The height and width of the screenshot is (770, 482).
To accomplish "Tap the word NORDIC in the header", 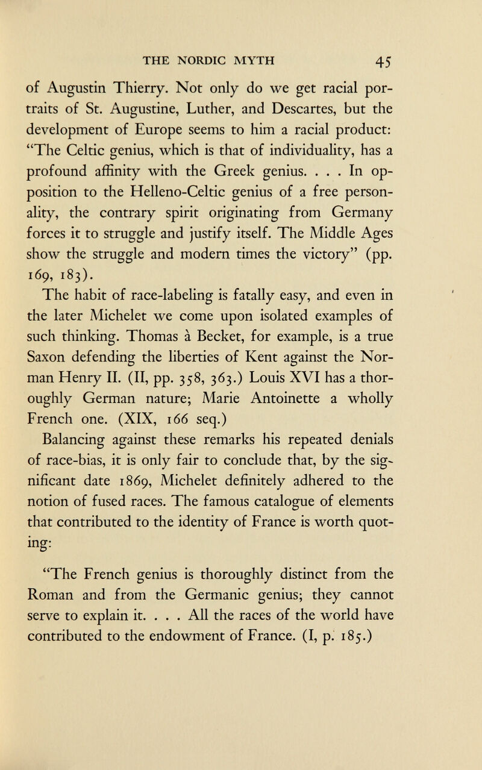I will (x=216, y=60).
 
